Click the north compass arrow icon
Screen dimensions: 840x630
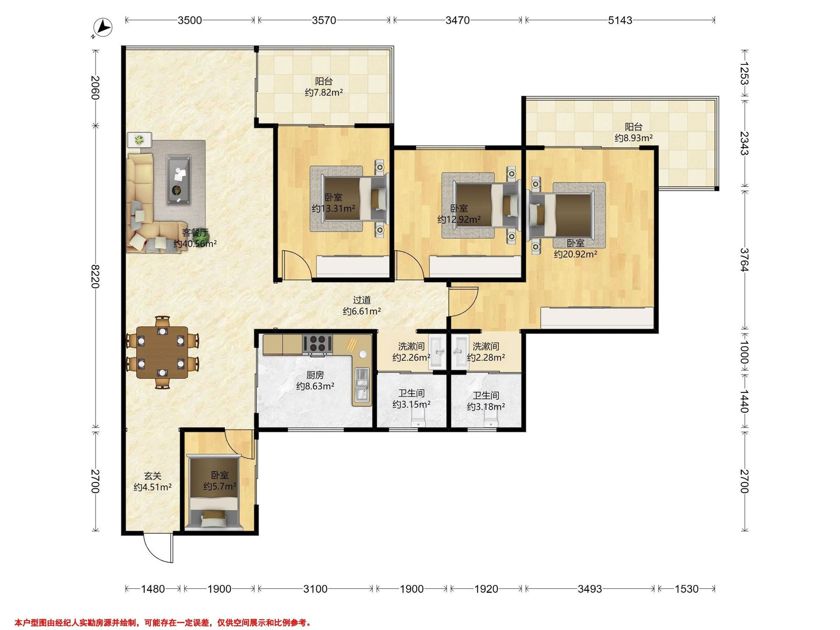point(104,28)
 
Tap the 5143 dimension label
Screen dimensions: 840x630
point(620,20)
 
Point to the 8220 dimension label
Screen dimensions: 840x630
point(94,276)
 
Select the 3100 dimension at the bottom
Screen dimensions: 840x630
point(315,589)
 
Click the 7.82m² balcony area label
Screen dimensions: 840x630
point(324,92)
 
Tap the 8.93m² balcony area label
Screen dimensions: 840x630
point(634,138)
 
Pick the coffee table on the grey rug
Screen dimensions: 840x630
point(179,180)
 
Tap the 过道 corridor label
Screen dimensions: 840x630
point(362,300)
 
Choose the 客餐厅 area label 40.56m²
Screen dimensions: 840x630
point(195,243)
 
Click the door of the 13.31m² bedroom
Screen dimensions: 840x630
point(297,264)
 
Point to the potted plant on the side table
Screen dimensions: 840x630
point(140,140)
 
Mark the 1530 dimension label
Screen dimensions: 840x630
point(687,589)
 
